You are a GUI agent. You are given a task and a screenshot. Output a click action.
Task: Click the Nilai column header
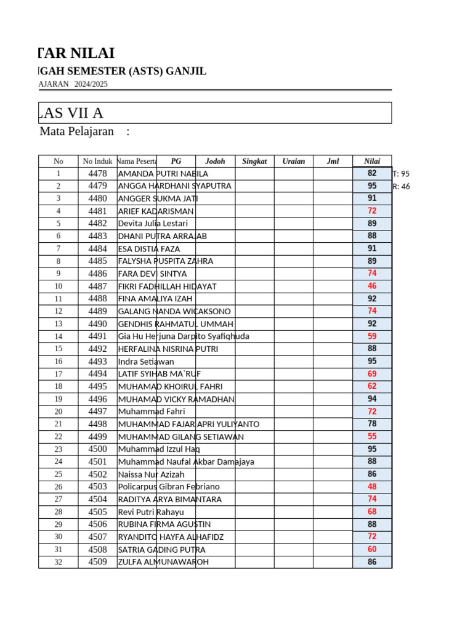click(372, 161)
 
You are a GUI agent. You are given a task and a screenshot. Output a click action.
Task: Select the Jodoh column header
click(215, 161)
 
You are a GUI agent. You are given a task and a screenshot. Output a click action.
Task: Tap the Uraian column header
click(293, 161)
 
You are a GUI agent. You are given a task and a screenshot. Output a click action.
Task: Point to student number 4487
click(97, 287)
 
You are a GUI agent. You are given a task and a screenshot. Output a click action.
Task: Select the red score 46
click(372, 286)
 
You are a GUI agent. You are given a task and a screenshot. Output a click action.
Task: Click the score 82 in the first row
click(372, 173)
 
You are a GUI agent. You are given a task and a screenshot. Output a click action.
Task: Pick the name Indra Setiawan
click(146, 362)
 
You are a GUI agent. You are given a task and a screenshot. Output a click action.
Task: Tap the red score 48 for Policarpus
click(372, 486)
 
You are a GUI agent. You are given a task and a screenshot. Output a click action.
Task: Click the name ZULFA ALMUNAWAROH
click(163, 562)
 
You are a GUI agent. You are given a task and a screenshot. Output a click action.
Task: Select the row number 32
click(59, 562)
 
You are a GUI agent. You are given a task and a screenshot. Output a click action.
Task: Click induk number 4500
click(97, 449)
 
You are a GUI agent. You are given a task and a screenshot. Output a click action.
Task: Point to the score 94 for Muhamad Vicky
click(372, 399)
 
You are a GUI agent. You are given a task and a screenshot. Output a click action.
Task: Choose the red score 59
click(372, 336)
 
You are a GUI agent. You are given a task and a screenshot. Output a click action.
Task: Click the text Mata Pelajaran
click(76, 131)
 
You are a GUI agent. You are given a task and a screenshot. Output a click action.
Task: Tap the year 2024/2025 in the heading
click(91, 84)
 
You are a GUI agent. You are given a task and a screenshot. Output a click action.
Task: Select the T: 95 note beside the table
click(401, 174)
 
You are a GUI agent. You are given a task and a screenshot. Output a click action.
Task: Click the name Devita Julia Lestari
click(153, 224)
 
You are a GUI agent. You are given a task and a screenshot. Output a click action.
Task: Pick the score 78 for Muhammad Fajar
click(372, 424)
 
